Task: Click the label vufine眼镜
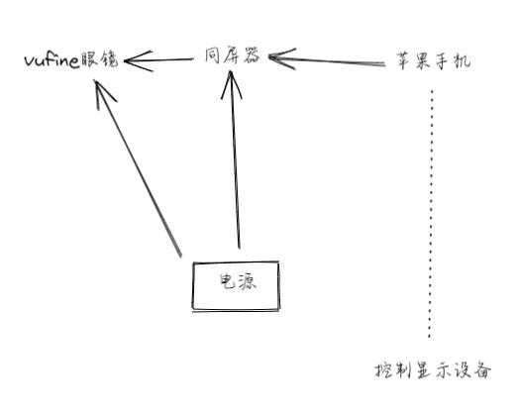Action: [x=71, y=59]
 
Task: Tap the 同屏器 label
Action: [x=233, y=55]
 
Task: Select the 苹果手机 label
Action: [x=434, y=60]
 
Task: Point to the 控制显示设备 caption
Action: [x=433, y=370]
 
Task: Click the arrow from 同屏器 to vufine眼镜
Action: [x=158, y=60]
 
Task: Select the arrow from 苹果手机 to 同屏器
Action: [x=327, y=59]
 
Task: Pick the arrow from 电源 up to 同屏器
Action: [x=235, y=159]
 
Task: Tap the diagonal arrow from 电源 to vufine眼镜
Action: [x=138, y=168]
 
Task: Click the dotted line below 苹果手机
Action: [x=431, y=214]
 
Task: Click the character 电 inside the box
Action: [x=228, y=281]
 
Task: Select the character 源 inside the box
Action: [x=248, y=282]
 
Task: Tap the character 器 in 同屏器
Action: [x=252, y=55]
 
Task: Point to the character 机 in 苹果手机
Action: [x=462, y=61]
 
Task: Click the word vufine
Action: [x=52, y=60]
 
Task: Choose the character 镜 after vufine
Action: [x=109, y=59]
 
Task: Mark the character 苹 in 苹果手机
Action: [x=404, y=60]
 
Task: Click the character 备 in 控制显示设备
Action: [x=482, y=370]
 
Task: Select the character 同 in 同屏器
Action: [x=212, y=55]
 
